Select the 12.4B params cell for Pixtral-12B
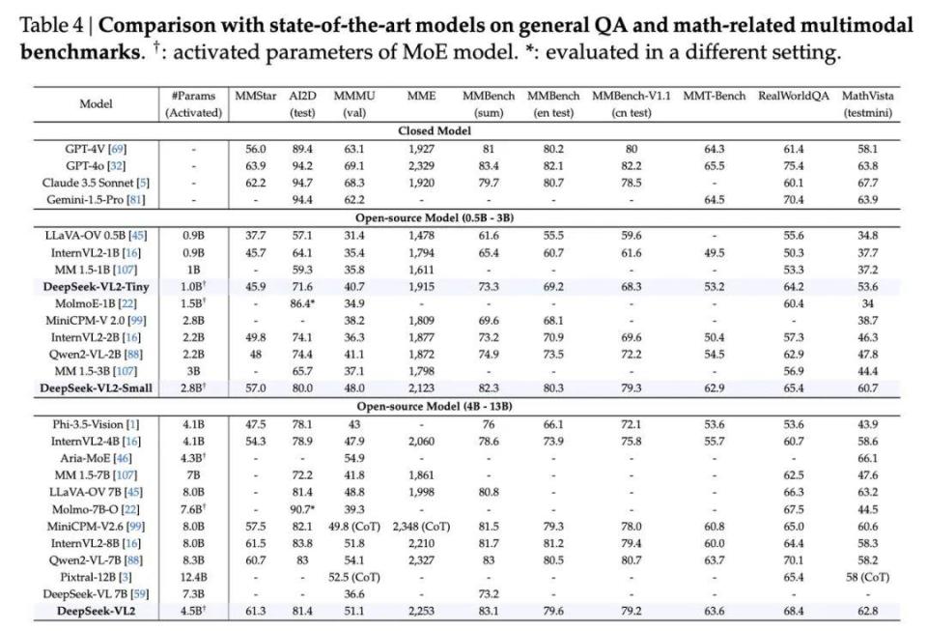192,578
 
